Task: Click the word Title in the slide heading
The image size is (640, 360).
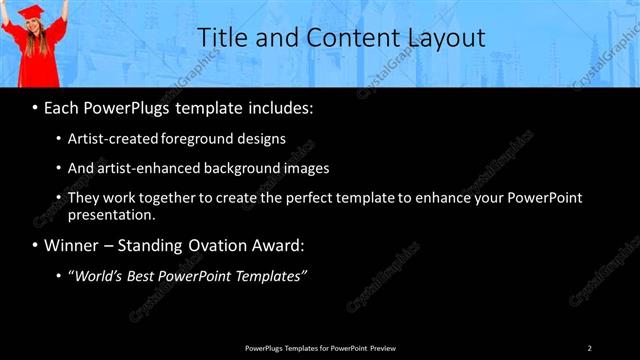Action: [221, 37]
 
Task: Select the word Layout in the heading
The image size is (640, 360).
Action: [445, 37]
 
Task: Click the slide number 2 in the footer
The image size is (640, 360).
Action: [590, 347]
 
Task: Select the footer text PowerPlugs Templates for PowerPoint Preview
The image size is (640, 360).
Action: [320, 347]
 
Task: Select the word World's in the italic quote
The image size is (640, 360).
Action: [98, 275]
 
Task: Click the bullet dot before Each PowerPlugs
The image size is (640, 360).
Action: [36, 106]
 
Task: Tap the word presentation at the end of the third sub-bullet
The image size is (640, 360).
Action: [111, 214]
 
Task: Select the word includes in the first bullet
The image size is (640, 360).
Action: [280, 106]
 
